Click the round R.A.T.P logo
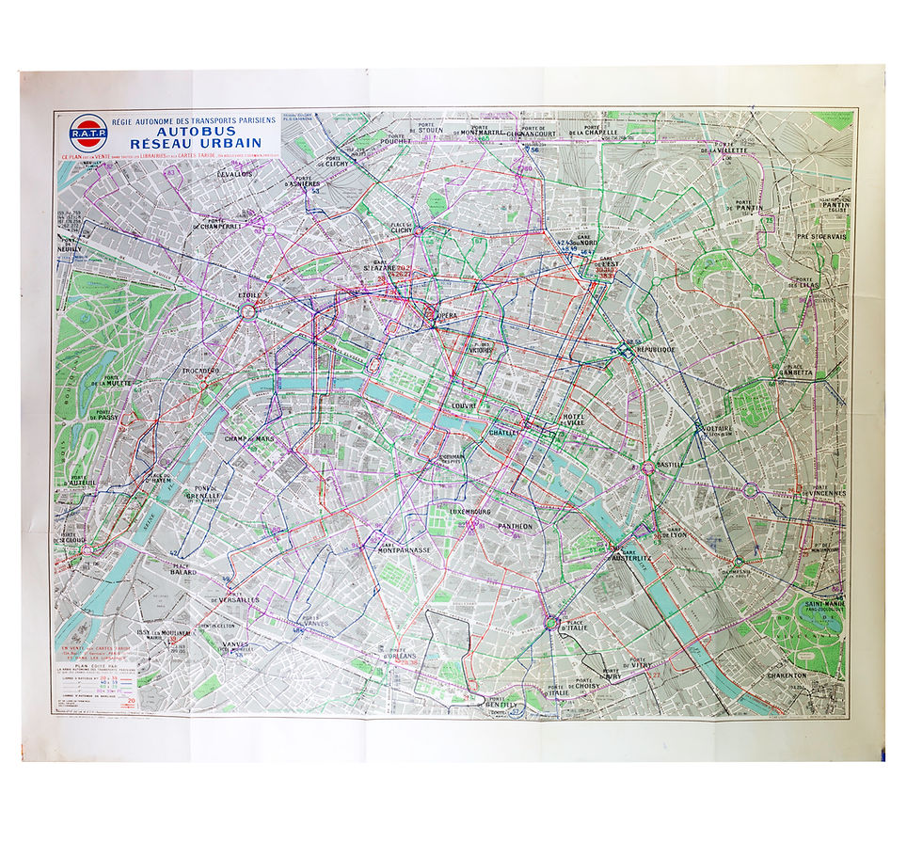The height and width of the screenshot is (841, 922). pyautogui.click(x=88, y=131)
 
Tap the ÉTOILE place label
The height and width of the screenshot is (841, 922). pyautogui.click(x=248, y=294)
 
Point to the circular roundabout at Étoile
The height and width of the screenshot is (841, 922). pyautogui.click(x=249, y=309)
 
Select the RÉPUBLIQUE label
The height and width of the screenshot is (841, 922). pyautogui.click(x=655, y=349)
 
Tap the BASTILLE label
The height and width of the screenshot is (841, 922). pyautogui.click(x=670, y=464)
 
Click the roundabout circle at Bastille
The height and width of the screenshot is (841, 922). pyautogui.click(x=648, y=467)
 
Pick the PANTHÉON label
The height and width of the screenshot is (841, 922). pyautogui.click(x=515, y=526)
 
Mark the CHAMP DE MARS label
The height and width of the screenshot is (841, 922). pyautogui.click(x=249, y=438)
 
